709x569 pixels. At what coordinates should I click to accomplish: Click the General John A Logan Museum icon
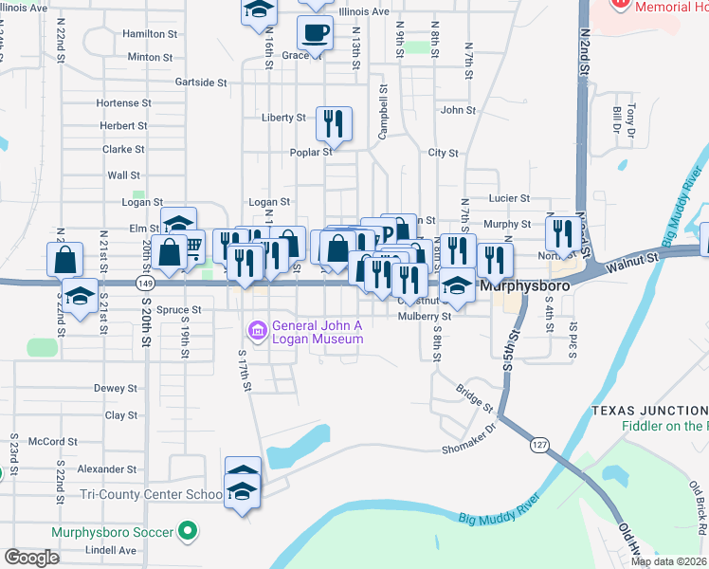click(x=256, y=331)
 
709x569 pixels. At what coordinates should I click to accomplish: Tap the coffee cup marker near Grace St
click(x=315, y=33)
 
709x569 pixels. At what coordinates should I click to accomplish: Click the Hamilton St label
click(x=150, y=33)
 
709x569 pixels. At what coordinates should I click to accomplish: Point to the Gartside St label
click(x=201, y=83)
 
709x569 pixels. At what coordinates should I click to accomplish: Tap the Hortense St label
click(x=124, y=102)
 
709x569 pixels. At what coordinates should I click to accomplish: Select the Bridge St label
click(x=475, y=398)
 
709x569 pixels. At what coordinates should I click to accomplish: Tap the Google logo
click(x=31, y=558)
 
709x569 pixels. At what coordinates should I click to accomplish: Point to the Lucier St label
click(x=509, y=198)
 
